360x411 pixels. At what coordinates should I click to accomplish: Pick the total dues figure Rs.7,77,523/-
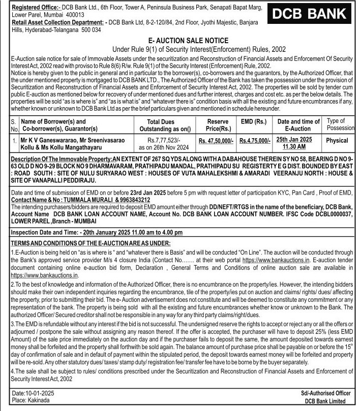click(x=161, y=140)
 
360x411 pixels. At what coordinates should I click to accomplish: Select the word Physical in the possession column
click(x=337, y=140)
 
